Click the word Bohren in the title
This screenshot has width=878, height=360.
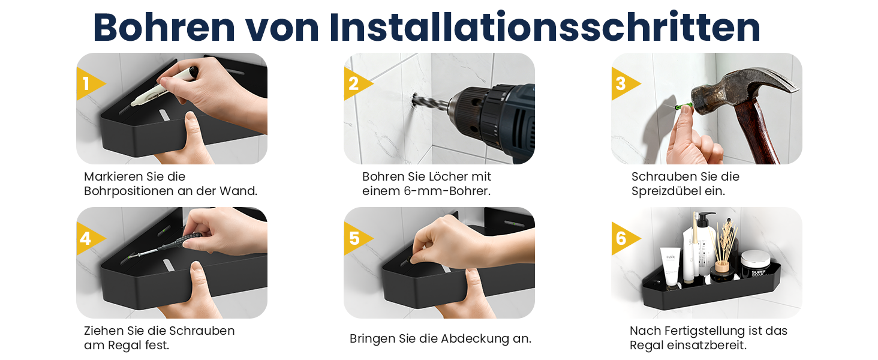click(164, 27)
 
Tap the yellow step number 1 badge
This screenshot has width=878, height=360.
click(89, 83)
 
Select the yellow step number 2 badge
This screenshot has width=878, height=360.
click(357, 83)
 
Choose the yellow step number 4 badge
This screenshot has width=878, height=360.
click(89, 238)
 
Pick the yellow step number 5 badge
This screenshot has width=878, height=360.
click(357, 238)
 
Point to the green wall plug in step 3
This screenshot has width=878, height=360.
click(684, 106)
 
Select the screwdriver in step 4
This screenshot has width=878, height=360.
click(164, 245)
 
